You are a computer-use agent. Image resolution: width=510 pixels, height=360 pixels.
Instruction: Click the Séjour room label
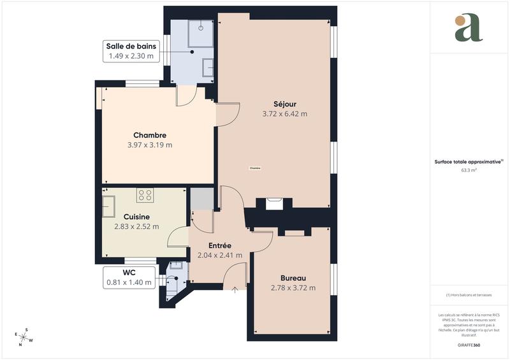click(284, 104)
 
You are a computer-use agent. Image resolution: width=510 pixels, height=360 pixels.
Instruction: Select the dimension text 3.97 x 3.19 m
click(150, 145)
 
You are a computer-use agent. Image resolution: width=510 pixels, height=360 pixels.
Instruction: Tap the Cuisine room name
click(136, 217)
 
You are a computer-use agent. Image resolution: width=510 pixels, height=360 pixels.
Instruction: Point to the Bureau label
click(294, 278)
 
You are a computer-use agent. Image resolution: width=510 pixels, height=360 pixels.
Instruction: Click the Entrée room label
click(219, 245)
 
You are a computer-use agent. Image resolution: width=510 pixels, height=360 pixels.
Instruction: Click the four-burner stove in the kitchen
click(145, 195)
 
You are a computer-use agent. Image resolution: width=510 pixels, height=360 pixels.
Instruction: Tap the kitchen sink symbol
click(108, 205)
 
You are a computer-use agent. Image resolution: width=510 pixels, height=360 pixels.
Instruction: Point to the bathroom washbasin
click(208, 67)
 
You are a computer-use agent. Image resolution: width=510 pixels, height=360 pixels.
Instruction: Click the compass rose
click(24, 336)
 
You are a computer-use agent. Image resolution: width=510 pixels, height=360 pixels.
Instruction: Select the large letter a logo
click(469, 29)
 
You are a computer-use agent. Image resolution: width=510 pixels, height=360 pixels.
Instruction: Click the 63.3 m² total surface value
click(469, 170)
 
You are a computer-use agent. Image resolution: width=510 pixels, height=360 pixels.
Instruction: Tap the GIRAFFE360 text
click(469, 344)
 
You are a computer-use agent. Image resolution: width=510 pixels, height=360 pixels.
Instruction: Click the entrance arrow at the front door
click(235, 291)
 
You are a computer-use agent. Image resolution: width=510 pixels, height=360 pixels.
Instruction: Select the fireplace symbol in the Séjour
click(275, 203)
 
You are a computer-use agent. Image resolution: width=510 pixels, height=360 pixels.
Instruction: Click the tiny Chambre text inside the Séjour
click(255, 168)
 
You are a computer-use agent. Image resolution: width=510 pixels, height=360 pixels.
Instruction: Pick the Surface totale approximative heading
click(469, 162)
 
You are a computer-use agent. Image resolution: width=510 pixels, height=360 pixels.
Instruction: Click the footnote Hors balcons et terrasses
click(469, 295)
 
